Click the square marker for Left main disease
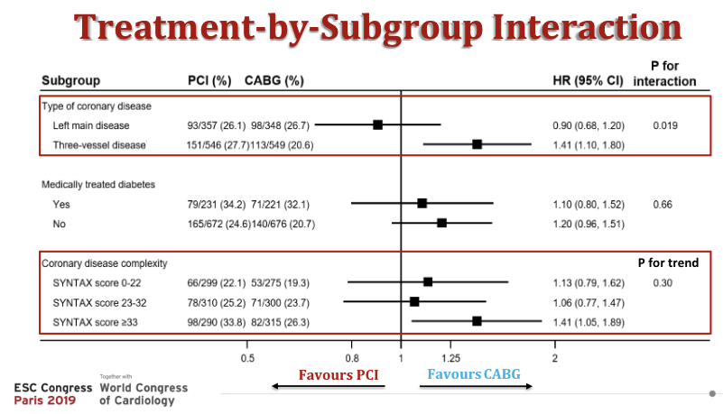tap(378, 124)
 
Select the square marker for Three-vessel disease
tap(477, 144)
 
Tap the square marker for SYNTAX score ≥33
tap(477, 321)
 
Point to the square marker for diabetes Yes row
tap(422, 204)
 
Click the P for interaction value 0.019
tap(665, 124)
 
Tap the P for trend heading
tap(669, 263)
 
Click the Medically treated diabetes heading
tap(98, 184)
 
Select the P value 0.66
tap(663, 204)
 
